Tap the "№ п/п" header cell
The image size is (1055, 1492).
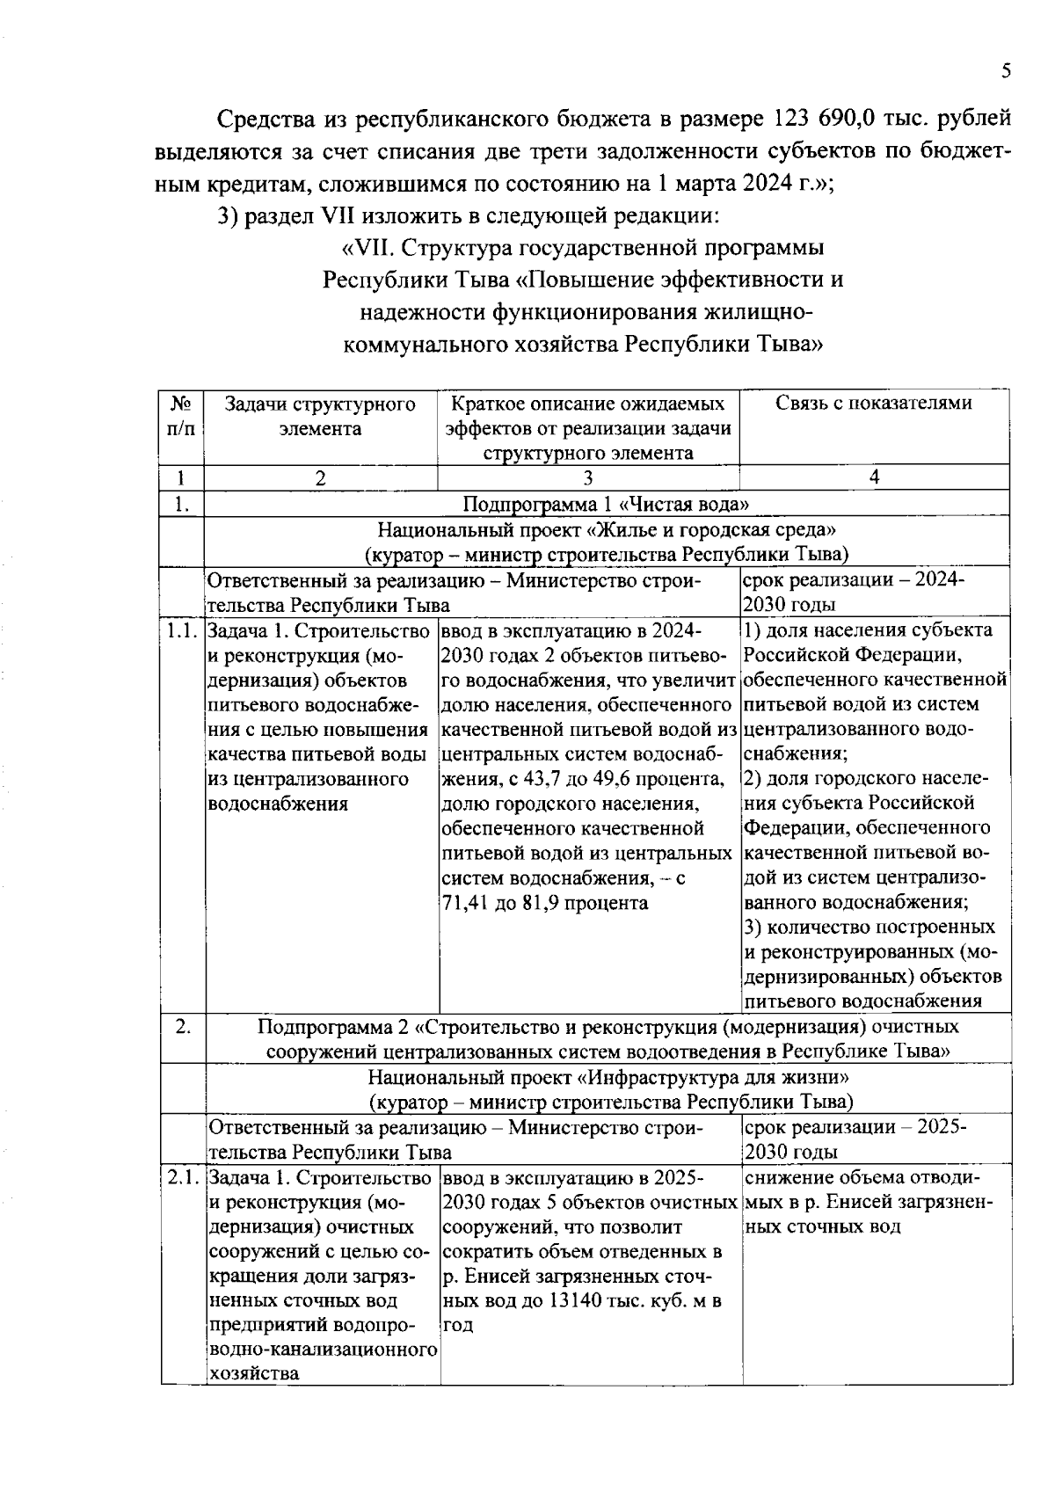tap(181, 416)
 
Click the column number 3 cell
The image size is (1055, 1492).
tap(587, 477)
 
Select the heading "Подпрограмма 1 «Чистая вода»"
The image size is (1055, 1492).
tap(606, 504)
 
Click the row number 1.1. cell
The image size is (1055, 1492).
tap(181, 630)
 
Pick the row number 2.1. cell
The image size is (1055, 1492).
tap(182, 1177)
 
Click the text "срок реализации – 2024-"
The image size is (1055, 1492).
tap(853, 581)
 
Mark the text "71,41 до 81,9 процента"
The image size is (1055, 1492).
tap(544, 903)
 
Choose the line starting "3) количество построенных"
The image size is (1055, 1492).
tap(869, 928)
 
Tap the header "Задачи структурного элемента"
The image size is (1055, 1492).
tap(320, 416)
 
